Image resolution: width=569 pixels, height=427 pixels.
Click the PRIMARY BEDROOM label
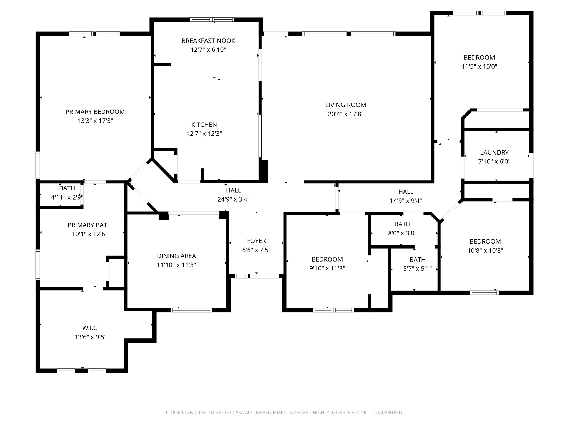point(95,112)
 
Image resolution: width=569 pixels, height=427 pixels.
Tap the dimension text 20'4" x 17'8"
point(345,114)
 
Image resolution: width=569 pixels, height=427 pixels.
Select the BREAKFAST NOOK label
point(208,41)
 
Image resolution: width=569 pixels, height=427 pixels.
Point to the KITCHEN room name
point(204,125)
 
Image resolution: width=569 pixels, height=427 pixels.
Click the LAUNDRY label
point(494,152)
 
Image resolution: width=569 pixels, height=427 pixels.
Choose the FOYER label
point(256,241)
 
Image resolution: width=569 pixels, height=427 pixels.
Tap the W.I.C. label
point(90,328)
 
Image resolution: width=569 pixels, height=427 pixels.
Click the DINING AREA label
point(176,256)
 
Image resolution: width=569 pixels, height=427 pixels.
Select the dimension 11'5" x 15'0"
point(479,67)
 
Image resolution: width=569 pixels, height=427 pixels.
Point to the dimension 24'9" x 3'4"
point(233,199)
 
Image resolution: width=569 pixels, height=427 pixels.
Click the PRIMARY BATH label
point(89,225)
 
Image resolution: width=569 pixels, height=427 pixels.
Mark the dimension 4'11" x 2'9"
point(67,197)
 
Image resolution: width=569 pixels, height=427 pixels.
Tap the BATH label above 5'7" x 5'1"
point(417,260)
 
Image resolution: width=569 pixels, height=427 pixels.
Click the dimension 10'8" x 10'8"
point(485,250)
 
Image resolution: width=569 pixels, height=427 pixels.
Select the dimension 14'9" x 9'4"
point(406,201)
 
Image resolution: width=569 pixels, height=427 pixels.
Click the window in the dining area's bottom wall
point(191,310)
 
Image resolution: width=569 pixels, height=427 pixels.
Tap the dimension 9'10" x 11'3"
point(327,269)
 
